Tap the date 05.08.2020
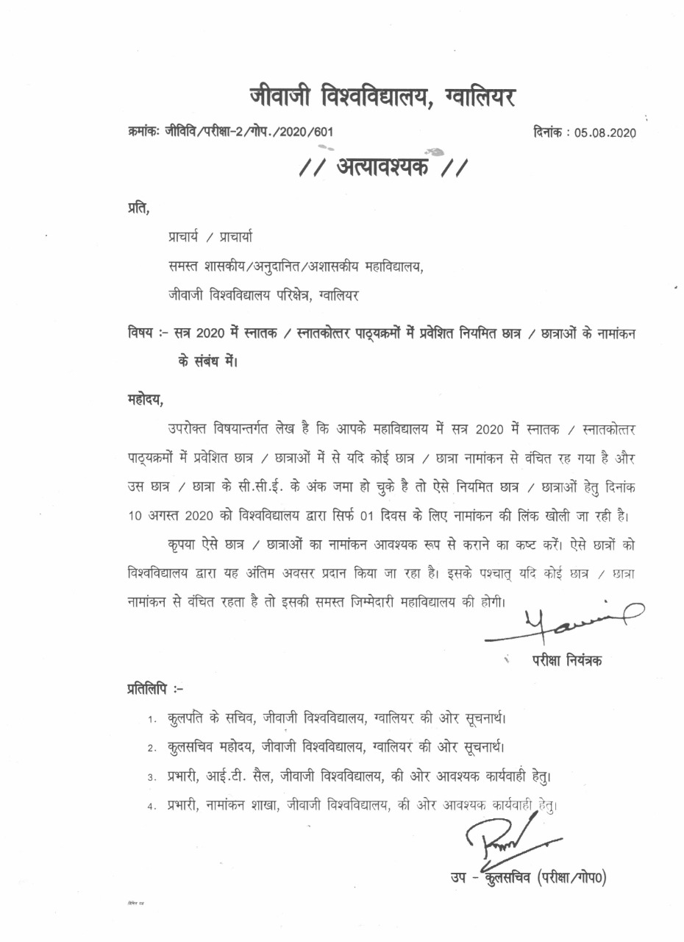(605, 132)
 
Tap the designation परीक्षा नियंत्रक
(567, 661)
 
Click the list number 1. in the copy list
(150, 718)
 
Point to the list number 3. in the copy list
(150, 776)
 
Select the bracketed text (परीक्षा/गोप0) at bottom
(571, 878)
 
